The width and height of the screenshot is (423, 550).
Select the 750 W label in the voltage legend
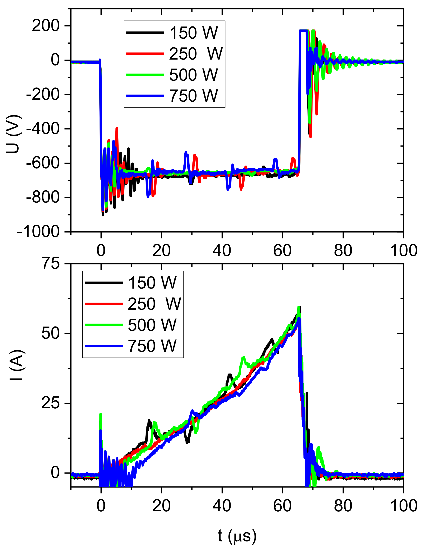coord(193,96)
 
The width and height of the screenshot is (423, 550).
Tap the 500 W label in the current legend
coord(152,325)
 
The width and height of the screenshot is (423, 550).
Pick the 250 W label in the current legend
coord(154,304)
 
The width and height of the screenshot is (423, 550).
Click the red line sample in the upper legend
coord(145,53)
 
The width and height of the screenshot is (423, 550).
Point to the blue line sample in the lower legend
coord(104,346)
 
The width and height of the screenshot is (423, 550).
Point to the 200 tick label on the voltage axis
coord(46,26)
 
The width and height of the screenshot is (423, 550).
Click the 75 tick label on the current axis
coord(51,264)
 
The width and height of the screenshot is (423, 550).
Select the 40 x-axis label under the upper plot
coord(222,251)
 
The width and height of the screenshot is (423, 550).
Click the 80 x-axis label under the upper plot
coord(343,251)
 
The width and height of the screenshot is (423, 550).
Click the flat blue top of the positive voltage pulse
coord(303,31)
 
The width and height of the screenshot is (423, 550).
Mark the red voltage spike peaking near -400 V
coord(117,129)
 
